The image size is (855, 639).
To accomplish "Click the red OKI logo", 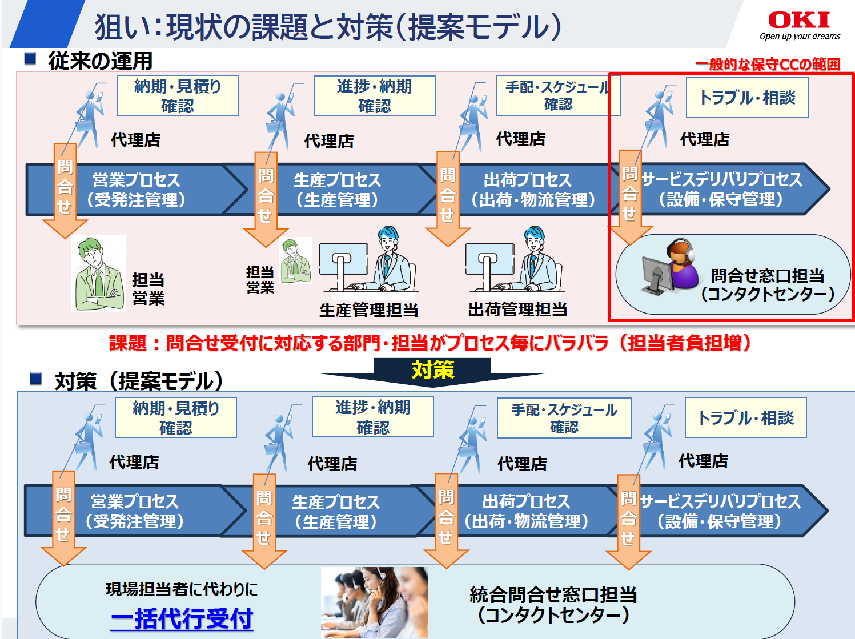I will coord(799,20).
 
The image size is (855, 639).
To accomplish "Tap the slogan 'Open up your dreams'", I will coord(800,37).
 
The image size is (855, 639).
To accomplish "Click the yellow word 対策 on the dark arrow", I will coord(433,370).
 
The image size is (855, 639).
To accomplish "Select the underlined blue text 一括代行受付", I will coord(182,618).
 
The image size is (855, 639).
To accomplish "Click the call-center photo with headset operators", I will coord(374,602).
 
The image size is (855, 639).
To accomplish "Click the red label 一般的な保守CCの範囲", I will coord(767,65).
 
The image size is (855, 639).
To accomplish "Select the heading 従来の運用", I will coord(100,61).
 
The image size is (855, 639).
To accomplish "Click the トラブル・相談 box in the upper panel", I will coord(747,98).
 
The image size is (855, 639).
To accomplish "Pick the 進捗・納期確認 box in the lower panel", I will coord(372,417).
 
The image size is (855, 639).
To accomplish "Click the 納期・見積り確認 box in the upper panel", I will coord(177,96).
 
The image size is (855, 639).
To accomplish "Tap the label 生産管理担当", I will coord(368,310).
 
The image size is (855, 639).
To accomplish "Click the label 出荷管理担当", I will coord(517,310).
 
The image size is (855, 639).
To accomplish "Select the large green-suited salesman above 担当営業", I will coord(99,274).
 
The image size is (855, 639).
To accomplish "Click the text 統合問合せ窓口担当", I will coord(553,595).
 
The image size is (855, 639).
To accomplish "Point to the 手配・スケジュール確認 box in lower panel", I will coord(564,418).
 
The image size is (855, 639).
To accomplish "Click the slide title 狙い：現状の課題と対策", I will coord(328,26).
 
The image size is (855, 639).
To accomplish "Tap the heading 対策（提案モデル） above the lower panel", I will coord(139,381).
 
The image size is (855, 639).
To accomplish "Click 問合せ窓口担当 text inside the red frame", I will coord(767,276).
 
